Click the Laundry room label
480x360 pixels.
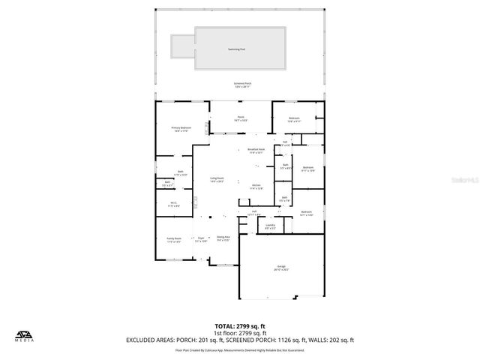pyautogui.click(x=270, y=226)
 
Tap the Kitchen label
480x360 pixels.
pyautogui.click(x=256, y=187)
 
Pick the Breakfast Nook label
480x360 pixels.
pyautogui.click(x=256, y=151)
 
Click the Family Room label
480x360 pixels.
pyautogui.click(x=174, y=240)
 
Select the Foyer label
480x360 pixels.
pyautogui.click(x=201, y=240)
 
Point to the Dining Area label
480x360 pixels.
pyautogui.click(x=223, y=238)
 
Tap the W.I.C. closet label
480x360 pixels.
pyautogui.click(x=172, y=204)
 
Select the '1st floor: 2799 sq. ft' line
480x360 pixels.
pyautogui.click(x=239, y=332)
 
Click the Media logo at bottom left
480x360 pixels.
pyautogui.click(x=25, y=335)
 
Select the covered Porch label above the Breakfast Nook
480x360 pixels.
pyautogui.click(x=241, y=118)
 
